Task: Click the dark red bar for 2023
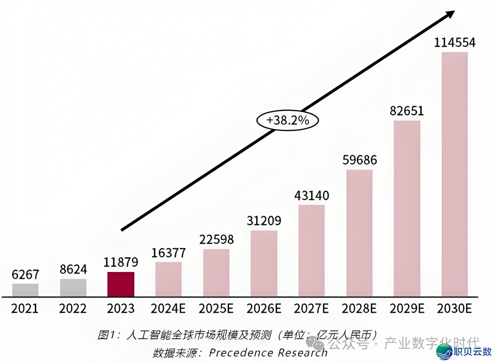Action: point(121,284)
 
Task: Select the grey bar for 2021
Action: point(25,290)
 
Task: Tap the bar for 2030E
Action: point(455,174)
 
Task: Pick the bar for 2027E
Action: point(312,250)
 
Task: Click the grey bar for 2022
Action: point(73,287)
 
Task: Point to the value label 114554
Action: point(455,43)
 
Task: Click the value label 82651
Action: point(407,111)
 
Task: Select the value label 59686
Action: point(360,160)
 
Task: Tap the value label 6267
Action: point(25,275)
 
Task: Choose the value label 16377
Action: point(168,253)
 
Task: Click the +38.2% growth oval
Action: point(287,120)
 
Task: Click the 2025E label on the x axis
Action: point(216,309)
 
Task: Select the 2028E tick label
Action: point(359,309)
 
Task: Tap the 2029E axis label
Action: point(407,309)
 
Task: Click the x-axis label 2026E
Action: point(264,309)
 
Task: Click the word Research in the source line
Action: point(302,352)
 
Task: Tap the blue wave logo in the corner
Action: point(444,352)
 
